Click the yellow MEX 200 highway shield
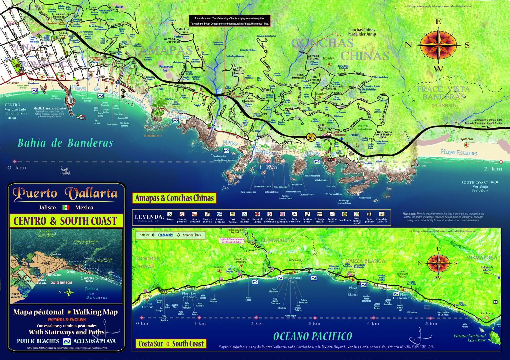pos(311,137)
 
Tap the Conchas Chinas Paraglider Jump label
pos(362,32)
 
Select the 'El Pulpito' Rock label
pos(153,136)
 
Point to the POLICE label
pos(355,135)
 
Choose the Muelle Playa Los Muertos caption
pos(50,108)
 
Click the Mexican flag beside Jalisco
pos(66,207)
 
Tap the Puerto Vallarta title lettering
pos(65,194)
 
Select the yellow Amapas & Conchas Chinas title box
pos(174,198)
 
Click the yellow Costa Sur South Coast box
pos(171,344)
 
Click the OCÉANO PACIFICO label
pos(313,336)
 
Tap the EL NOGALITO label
pos(277,240)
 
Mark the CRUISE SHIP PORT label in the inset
pos(61,283)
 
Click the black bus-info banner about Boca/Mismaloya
pos(229,21)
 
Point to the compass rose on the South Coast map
pos(438,263)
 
